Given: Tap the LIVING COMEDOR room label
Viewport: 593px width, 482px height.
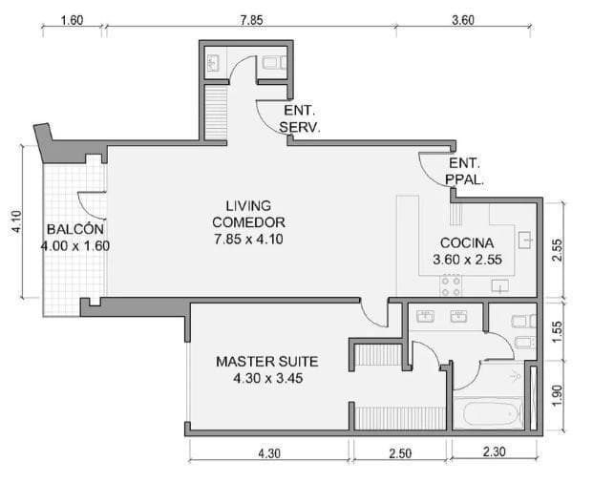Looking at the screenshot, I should (x=248, y=214).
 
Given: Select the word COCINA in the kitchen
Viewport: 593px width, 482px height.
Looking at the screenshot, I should (x=467, y=242).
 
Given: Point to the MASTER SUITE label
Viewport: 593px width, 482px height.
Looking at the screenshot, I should (x=266, y=362).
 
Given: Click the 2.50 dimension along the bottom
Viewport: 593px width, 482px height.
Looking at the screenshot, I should (x=399, y=453).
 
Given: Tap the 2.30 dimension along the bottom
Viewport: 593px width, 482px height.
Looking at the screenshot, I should (x=493, y=452).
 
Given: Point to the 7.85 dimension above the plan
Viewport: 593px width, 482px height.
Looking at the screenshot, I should (x=250, y=19).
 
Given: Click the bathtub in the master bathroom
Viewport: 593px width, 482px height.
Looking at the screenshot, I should (x=488, y=414).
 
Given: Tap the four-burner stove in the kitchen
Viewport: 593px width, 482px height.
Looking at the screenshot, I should (x=451, y=284).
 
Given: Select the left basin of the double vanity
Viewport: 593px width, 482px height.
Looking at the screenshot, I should (x=426, y=315).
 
